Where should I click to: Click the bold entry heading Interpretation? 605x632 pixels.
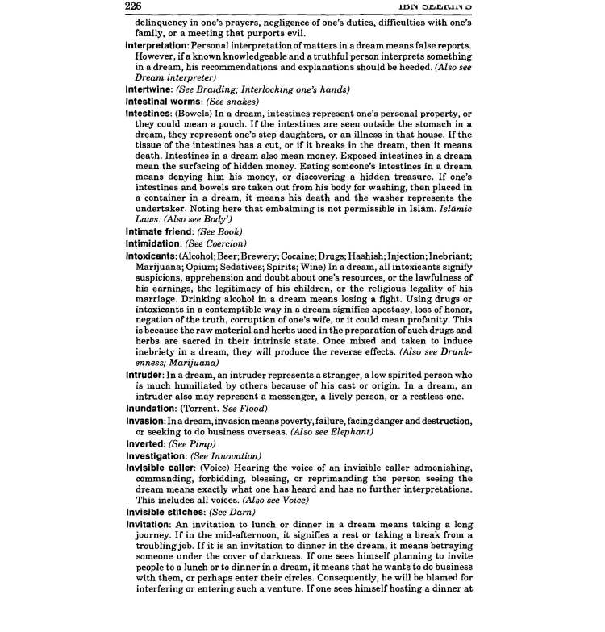click(x=160, y=46)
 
